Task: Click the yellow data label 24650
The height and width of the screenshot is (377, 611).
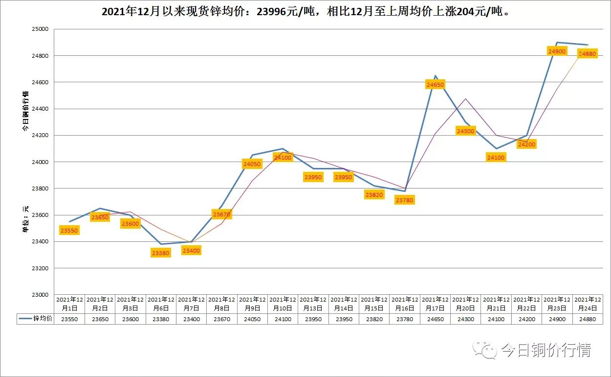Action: tap(435, 85)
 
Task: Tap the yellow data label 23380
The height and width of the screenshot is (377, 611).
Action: tap(160, 253)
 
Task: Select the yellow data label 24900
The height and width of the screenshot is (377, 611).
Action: tap(557, 51)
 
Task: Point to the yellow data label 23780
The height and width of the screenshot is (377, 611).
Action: tap(404, 200)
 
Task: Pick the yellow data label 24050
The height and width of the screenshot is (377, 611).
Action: tap(252, 164)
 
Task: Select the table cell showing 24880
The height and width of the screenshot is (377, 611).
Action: tap(587, 319)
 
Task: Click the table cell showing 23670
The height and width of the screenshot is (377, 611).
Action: tap(222, 319)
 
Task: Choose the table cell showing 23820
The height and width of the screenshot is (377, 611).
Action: tap(374, 319)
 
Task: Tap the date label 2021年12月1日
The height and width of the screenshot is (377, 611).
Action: tap(70, 304)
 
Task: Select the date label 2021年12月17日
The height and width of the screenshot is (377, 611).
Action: tap(435, 304)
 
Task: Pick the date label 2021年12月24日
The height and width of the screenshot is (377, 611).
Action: tap(587, 304)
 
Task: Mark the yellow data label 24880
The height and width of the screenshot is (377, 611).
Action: tap(587, 54)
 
